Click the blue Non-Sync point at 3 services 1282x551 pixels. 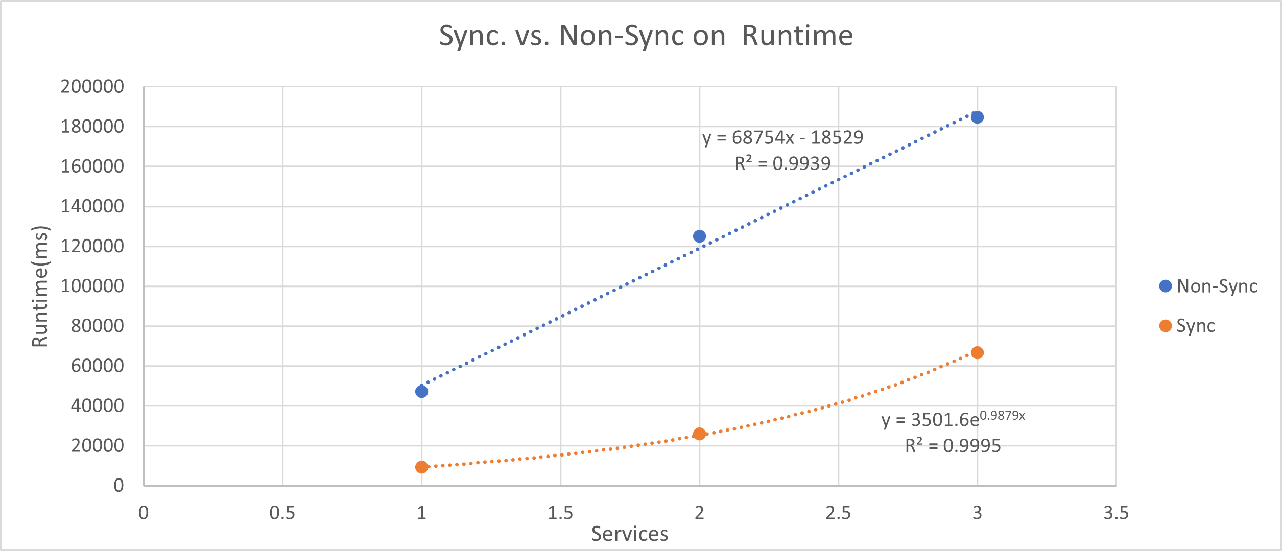(977, 117)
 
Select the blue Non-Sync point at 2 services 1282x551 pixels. (699, 236)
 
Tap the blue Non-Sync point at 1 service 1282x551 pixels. (421, 392)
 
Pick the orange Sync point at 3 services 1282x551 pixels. (977, 353)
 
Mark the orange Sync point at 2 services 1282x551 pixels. (699, 434)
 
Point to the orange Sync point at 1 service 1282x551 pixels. (421, 467)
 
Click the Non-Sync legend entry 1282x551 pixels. (1208, 286)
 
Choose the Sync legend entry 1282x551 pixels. (1187, 326)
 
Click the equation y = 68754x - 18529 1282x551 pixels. (782, 137)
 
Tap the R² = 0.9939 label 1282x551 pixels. (782, 163)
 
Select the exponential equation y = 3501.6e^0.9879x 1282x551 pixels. (953, 419)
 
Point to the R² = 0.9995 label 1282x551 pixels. (953, 446)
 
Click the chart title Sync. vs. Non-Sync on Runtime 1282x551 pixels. (646, 36)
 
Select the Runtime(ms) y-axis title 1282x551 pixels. (40, 286)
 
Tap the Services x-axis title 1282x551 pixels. (630, 534)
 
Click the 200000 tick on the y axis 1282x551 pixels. (92, 87)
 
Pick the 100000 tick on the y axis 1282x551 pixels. (92, 286)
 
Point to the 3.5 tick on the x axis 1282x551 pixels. (1116, 513)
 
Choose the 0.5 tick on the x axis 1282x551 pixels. (282, 513)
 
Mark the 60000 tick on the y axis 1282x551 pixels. (98, 366)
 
